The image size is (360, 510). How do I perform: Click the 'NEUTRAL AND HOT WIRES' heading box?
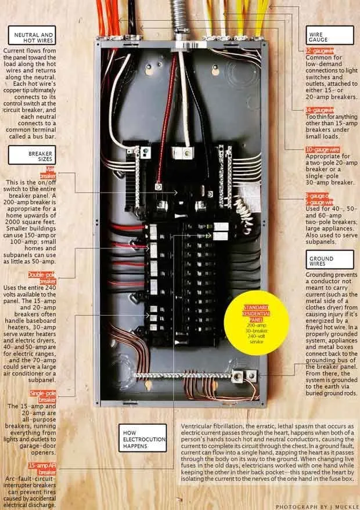(x=33, y=38)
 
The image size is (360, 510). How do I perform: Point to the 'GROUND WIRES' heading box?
(x=329, y=261)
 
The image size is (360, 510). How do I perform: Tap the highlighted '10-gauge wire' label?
(x=322, y=150)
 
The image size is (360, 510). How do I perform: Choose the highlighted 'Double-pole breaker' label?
(x=44, y=277)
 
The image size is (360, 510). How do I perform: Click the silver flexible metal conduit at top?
(x=179, y=17)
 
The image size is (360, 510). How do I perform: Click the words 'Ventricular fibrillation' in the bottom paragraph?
(x=210, y=427)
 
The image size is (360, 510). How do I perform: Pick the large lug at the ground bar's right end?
(x=237, y=377)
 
